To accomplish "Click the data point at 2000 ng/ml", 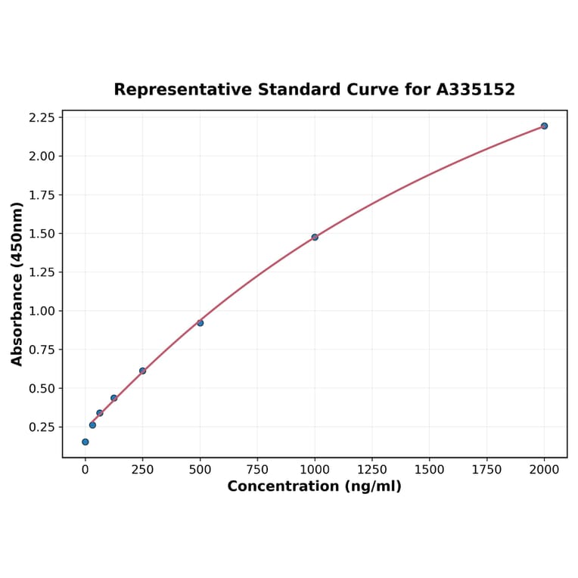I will tap(544, 126).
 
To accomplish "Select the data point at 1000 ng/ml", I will tap(315, 237).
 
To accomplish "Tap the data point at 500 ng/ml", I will tap(200, 323).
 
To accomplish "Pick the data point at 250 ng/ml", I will tap(142, 371).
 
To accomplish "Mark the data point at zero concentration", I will tap(85, 442).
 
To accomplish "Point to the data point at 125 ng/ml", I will tap(113, 398).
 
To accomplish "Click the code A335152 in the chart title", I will tap(475, 90).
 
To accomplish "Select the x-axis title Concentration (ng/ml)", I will tap(314, 486).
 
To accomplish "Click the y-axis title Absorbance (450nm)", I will tap(17, 284).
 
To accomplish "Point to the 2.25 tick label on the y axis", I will tap(42, 117).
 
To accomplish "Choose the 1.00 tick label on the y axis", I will tap(42, 311).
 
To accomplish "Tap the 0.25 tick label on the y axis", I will tap(42, 427).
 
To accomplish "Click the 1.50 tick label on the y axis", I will tap(42, 234).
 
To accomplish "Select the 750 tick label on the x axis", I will tap(257, 470).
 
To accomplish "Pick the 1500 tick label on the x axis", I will tap(430, 470).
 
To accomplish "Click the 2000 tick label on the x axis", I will tap(545, 470).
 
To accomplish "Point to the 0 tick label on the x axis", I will tap(85, 470).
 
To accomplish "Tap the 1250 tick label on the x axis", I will tap(372, 470).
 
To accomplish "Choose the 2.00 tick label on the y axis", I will tap(42, 157).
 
